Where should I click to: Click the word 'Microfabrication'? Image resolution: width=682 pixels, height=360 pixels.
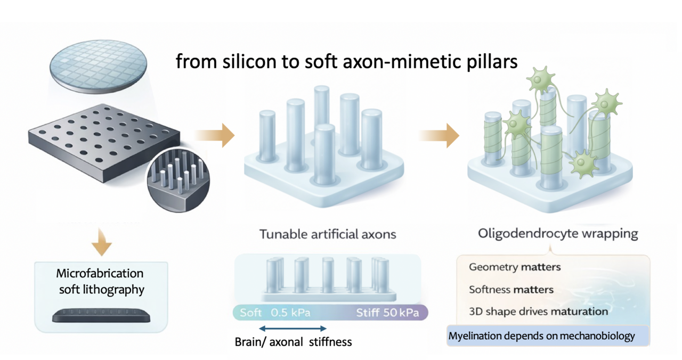[x=100, y=273]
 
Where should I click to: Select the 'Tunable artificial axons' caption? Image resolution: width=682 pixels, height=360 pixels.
[x=328, y=234]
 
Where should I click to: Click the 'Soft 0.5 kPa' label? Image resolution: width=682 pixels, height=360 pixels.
[x=274, y=313]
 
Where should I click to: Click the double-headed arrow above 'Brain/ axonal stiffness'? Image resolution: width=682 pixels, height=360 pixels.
[x=293, y=329]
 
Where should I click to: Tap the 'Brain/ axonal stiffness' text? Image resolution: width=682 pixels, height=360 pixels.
[x=293, y=342]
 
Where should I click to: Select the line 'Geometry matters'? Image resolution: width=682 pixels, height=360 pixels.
[x=514, y=267]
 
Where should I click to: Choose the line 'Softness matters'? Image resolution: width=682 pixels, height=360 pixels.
[x=511, y=290]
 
